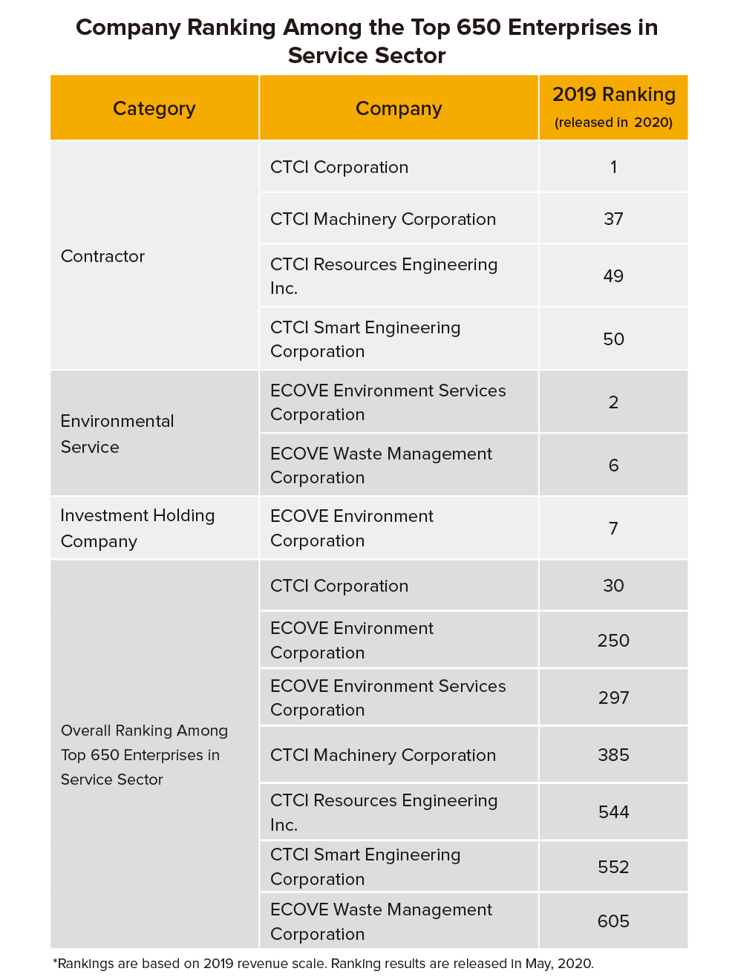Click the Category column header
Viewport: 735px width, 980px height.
[154, 108]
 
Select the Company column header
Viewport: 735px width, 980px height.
[399, 108]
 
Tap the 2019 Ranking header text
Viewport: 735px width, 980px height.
[613, 95]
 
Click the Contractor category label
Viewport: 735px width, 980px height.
[102, 256]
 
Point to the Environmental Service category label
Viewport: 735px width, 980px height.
[117, 434]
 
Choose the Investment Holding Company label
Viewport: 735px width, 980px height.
[137, 528]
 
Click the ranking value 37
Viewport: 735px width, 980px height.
[613, 219]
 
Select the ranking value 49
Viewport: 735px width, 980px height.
[613, 276]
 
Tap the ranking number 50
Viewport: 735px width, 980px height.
[613, 339]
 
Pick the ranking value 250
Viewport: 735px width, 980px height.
[613, 641]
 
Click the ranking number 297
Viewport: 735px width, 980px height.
[613, 698]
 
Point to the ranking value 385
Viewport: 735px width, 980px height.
[613, 755]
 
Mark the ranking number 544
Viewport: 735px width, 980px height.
[613, 812]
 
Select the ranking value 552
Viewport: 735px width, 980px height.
[613, 867]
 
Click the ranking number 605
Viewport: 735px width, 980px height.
[613, 921]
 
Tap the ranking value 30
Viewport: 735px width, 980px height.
[613, 586]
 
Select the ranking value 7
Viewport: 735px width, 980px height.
[613, 529]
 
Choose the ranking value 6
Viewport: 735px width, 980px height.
[613, 465]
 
